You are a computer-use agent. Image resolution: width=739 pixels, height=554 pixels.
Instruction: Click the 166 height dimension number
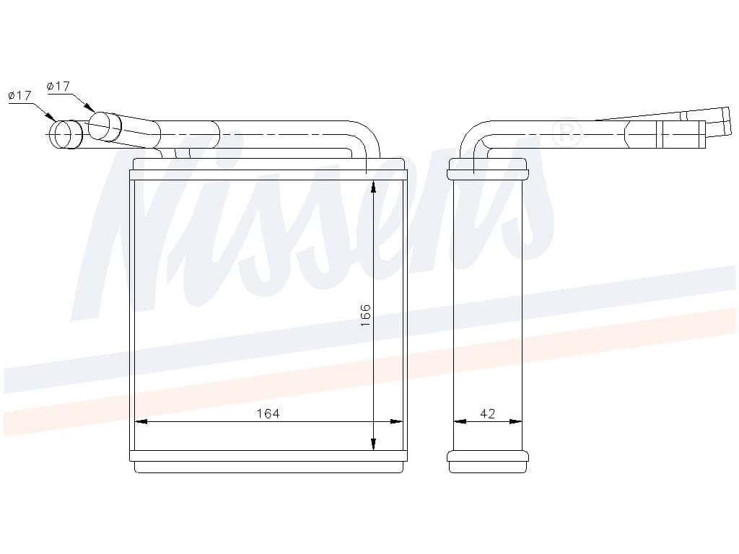tap(365, 315)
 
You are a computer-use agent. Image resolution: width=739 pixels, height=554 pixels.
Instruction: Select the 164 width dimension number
tap(267, 413)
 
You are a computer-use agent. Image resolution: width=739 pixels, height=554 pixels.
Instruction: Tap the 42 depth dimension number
tap(488, 413)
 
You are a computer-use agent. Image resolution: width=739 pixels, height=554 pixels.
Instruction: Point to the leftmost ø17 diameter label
tap(19, 95)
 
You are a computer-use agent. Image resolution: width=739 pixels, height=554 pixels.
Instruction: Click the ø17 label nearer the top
tap(58, 86)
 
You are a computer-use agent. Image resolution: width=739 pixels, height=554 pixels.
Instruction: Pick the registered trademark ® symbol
tap(567, 133)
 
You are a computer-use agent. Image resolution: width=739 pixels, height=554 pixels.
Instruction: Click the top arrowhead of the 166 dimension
tap(373, 187)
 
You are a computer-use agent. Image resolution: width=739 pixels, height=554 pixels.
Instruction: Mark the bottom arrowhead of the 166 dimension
tap(373, 444)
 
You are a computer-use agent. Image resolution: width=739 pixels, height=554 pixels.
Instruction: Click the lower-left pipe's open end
tap(64, 135)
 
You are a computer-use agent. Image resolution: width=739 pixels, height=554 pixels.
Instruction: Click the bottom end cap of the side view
tap(488, 462)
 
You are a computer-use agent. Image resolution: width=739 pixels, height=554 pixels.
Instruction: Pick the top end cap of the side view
tap(488, 169)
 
